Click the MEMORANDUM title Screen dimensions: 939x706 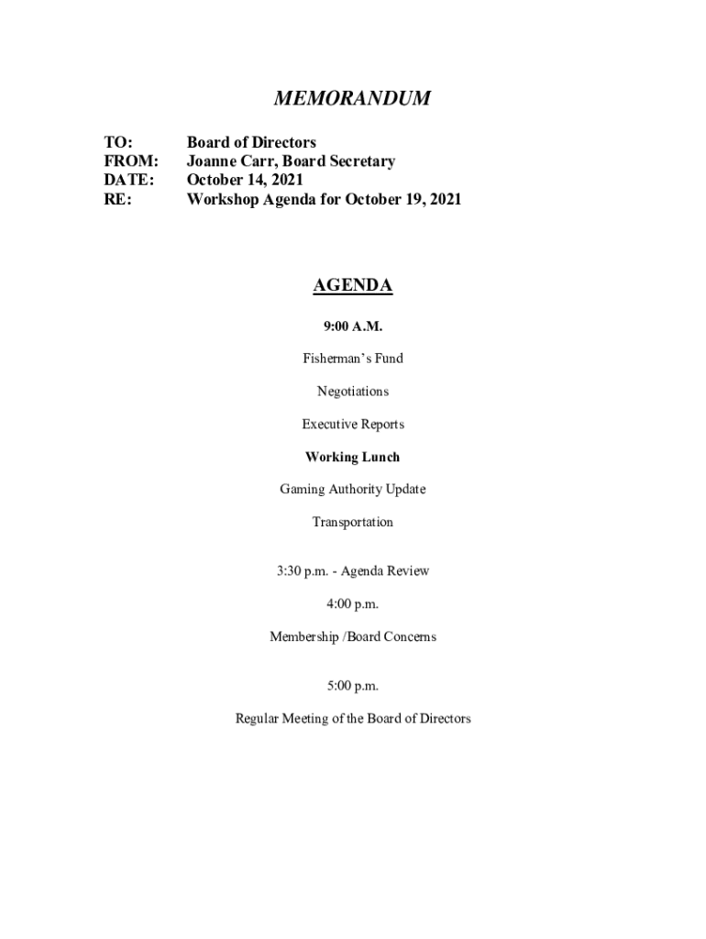point(353,99)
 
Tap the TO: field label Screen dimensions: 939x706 point(118,142)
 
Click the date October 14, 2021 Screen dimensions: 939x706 point(245,180)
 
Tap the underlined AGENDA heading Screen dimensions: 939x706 point(353,286)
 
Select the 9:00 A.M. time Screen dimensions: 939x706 point(353,326)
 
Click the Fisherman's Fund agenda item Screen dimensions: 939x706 point(353,359)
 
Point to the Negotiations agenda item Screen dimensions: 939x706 point(353,392)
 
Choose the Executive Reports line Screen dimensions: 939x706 point(353,425)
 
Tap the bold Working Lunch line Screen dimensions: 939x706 point(353,457)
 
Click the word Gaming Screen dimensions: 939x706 point(303,490)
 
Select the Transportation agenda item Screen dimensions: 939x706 point(353,523)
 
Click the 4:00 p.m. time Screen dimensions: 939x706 point(353,604)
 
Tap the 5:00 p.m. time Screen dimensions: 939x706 point(353,686)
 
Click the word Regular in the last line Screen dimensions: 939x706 point(260,719)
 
